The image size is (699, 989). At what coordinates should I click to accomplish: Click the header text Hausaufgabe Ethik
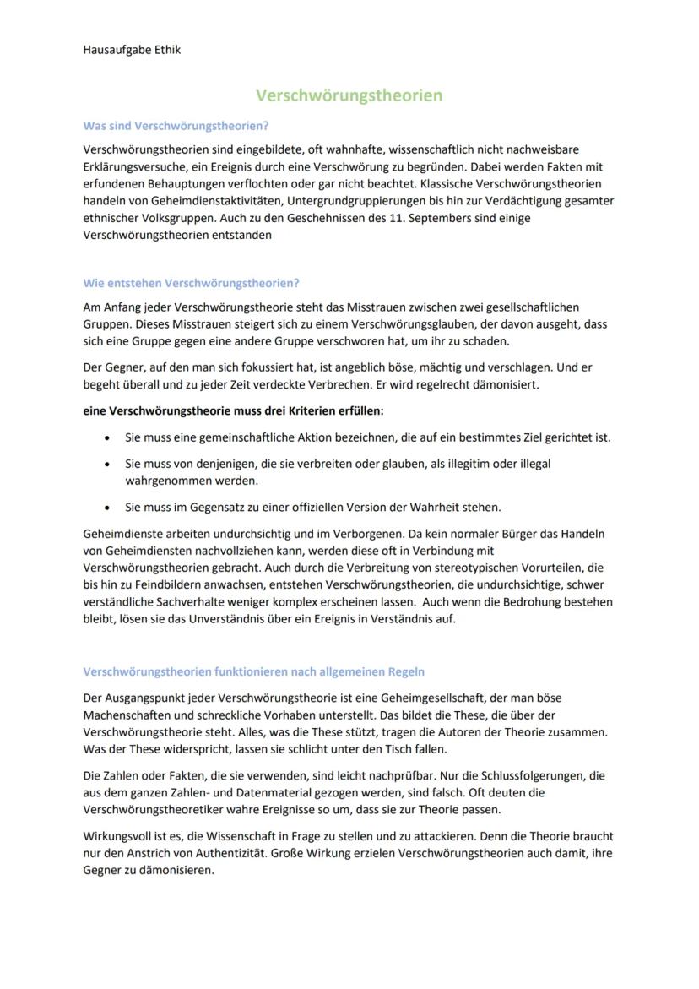pos(132,50)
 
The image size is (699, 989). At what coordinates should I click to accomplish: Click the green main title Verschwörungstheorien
pos(349,95)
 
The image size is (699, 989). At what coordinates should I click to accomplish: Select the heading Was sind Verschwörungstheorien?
pos(176,126)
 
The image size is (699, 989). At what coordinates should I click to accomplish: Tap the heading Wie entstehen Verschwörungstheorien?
pos(191,283)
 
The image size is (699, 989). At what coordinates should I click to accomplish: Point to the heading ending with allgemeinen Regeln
pos(253,671)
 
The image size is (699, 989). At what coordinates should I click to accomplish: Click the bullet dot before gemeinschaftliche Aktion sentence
pos(106,437)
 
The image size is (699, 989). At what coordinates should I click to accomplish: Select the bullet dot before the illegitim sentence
pos(106,464)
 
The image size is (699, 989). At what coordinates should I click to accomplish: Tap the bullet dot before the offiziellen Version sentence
pos(106,508)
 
